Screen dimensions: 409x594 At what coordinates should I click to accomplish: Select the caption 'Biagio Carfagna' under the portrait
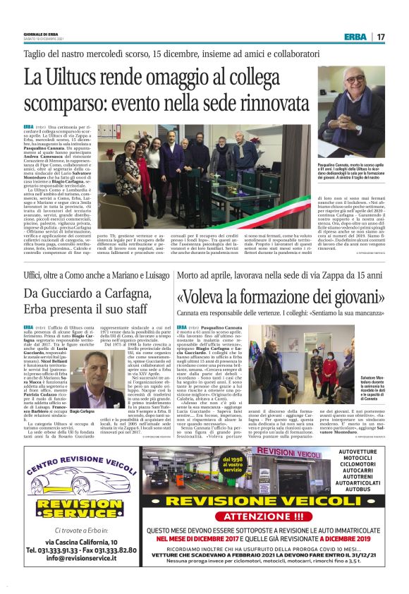[82, 411]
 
